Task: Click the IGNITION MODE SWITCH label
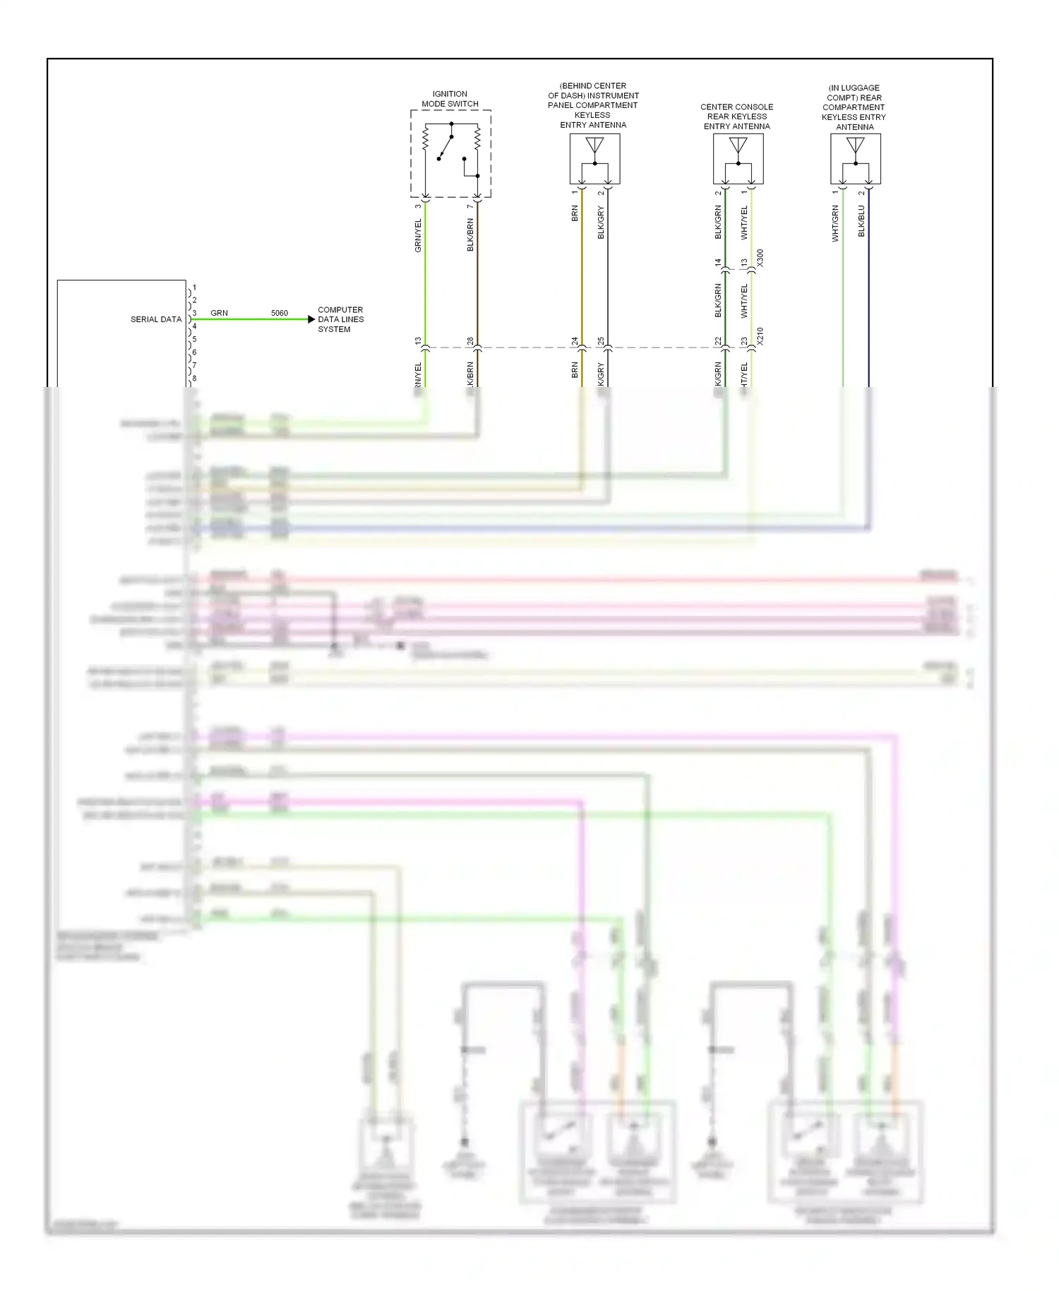pyautogui.click(x=450, y=99)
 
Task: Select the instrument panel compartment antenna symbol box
pyautogui.click(x=595, y=159)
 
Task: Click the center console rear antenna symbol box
pyautogui.click(x=738, y=159)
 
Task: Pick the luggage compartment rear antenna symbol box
pyautogui.click(x=856, y=159)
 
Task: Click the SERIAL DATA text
pyautogui.click(x=156, y=319)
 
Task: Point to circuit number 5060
pyautogui.click(x=280, y=313)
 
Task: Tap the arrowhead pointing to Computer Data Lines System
pyautogui.click(x=311, y=319)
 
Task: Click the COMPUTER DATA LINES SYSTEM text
pyautogui.click(x=340, y=319)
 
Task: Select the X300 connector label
pyautogui.click(x=760, y=258)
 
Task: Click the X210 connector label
pyautogui.click(x=760, y=335)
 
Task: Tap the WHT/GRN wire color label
pyautogui.click(x=835, y=223)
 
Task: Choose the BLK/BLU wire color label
pyautogui.click(x=861, y=221)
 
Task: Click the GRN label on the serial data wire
pyautogui.click(x=219, y=313)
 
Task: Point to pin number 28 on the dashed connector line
pyautogui.click(x=470, y=341)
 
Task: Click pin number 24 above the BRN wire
pyautogui.click(x=575, y=341)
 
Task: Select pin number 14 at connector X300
pyautogui.click(x=718, y=263)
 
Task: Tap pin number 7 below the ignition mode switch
pyautogui.click(x=470, y=206)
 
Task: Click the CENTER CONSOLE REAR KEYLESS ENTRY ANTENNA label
pyautogui.click(x=737, y=117)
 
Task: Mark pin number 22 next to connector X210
pyautogui.click(x=718, y=341)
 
